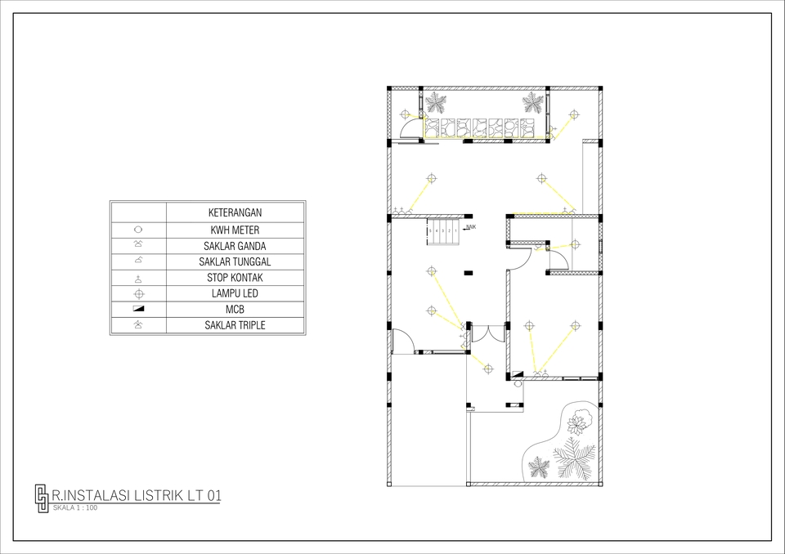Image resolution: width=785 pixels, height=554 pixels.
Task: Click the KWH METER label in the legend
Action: pos(235,230)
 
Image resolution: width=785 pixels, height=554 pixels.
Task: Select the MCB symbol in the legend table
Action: pos(138,309)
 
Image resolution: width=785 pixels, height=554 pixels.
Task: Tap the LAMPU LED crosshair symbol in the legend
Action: pos(138,293)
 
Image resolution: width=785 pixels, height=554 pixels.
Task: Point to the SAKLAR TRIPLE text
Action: pos(235,325)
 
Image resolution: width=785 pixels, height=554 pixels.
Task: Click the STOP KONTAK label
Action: pos(235,278)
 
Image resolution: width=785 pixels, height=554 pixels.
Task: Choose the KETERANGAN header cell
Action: pos(235,212)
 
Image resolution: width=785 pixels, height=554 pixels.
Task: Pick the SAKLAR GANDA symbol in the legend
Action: pos(138,245)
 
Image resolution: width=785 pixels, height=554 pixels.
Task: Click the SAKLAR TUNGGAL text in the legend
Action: pos(235,261)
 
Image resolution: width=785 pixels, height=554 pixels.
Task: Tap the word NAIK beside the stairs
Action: pos(471,227)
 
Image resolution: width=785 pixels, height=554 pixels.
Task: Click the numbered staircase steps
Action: pos(444,231)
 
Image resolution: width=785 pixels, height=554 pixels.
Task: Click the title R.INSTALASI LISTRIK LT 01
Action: pos(136,495)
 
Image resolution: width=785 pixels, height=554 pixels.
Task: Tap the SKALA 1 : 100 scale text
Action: pos(74,508)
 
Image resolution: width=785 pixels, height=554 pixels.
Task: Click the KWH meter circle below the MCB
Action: pos(518,383)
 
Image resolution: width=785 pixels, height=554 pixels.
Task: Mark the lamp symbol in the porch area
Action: pos(488,369)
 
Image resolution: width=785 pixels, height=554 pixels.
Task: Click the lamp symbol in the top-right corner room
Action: pos(573,114)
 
